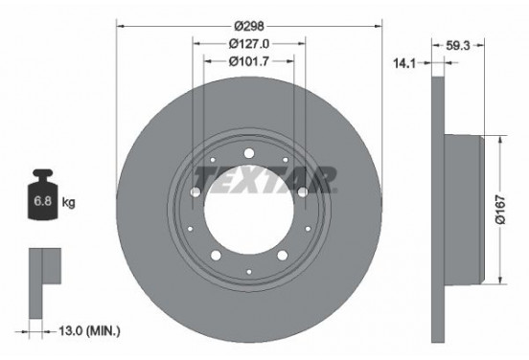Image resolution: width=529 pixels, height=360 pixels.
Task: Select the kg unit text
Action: (x=70, y=203)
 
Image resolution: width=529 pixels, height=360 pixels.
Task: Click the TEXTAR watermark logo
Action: (x=265, y=177)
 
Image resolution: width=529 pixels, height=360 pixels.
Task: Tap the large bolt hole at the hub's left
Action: (x=195, y=193)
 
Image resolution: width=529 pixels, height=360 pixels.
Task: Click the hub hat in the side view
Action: (x=465, y=210)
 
